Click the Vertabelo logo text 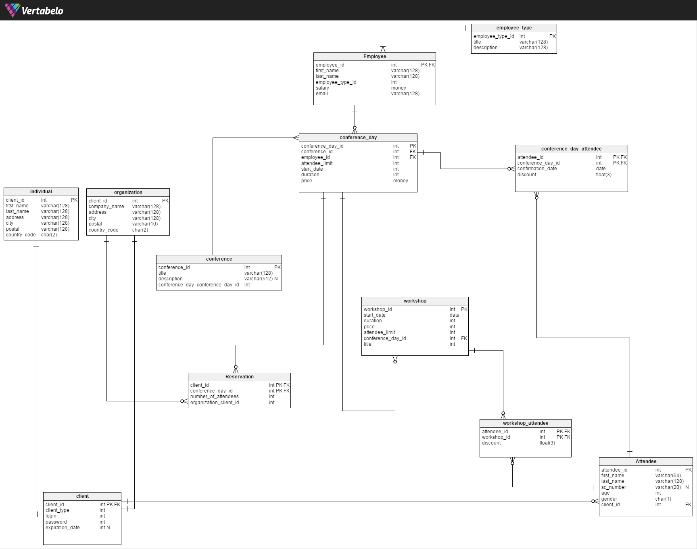click(x=42, y=11)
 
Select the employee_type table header click(x=514, y=28)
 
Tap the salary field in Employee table click(x=322, y=88)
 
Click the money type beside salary click(x=399, y=88)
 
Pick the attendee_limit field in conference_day click(x=317, y=163)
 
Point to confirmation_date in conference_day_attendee click(x=537, y=169)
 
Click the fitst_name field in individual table click(x=17, y=206)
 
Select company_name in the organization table click(x=106, y=207)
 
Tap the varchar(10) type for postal click(x=145, y=224)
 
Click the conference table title click(x=219, y=259)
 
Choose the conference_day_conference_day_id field click(x=198, y=285)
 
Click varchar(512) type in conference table click(x=259, y=279)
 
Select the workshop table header click(x=415, y=301)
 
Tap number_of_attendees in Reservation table click(x=215, y=397)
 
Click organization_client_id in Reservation click(x=215, y=403)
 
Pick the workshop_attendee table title click(x=526, y=423)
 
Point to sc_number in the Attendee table click(x=614, y=487)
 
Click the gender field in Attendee click(x=609, y=499)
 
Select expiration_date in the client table click(x=63, y=528)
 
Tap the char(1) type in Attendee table click(x=663, y=499)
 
